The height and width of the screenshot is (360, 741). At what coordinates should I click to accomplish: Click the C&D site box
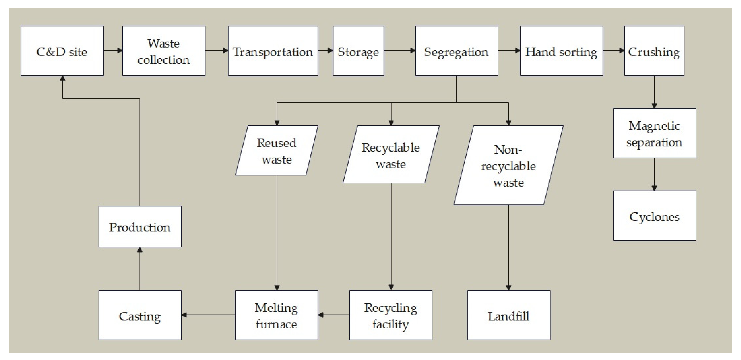pos(62,51)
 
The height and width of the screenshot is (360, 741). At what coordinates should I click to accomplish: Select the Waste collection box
pos(164,51)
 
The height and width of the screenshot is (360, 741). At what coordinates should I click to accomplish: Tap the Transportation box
pos(273,51)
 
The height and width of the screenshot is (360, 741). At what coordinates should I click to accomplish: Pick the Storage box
pos(358,51)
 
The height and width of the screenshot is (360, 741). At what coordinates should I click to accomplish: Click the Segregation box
pos(457,51)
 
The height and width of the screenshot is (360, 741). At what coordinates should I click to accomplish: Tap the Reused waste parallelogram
pos(276,150)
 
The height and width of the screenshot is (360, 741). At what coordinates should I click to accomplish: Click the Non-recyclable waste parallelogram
pos(508,165)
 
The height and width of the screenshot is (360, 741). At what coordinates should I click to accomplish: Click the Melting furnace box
pos(276,315)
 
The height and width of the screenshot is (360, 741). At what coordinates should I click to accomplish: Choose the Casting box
pos(140,315)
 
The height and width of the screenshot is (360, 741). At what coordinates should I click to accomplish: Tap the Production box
pos(140,227)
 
